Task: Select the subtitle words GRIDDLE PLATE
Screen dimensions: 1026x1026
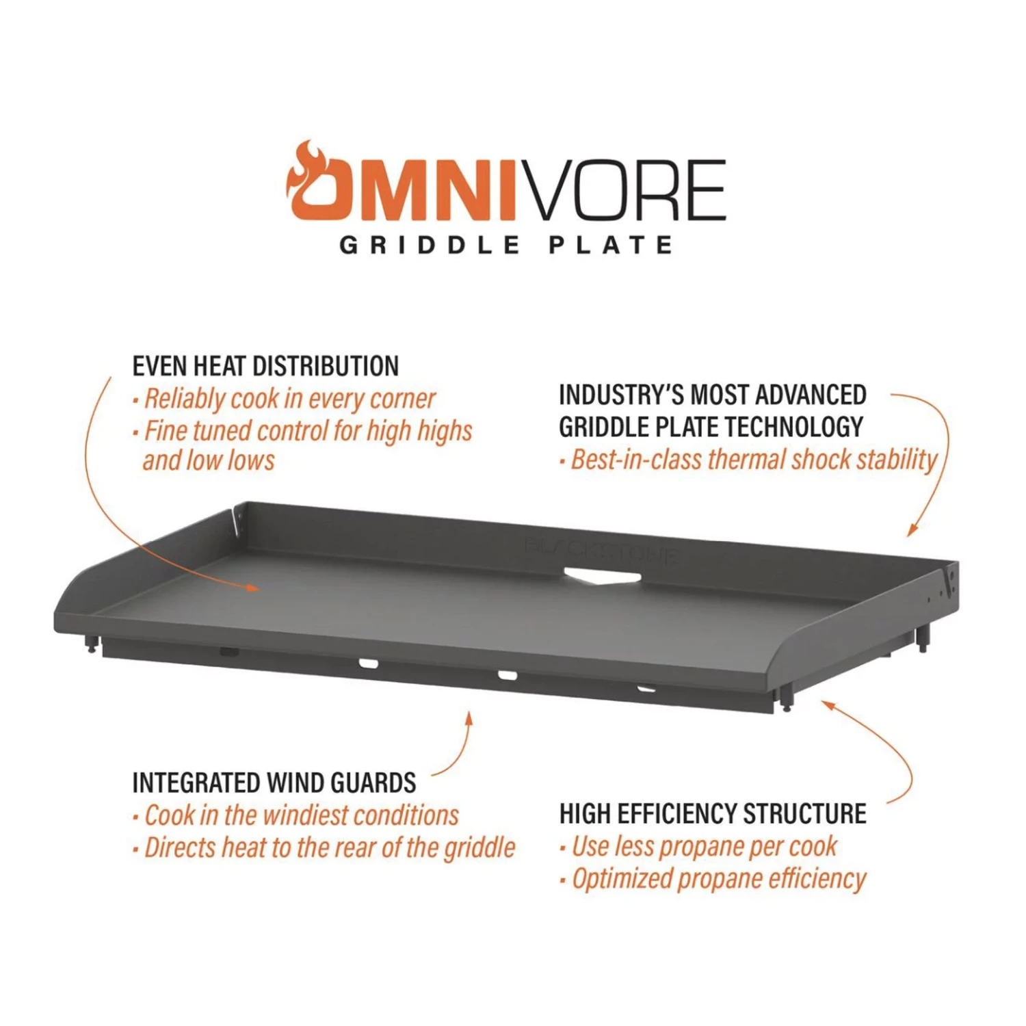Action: coord(507,245)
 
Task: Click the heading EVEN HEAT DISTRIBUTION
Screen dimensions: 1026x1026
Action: coord(265,366)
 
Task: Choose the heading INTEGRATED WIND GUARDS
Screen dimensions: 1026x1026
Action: coord(274,782)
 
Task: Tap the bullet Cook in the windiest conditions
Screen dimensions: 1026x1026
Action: coord(301,815)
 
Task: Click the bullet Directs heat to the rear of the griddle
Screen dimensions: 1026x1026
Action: coord(329,847)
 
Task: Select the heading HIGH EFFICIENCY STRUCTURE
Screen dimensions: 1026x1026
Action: coord(713,814)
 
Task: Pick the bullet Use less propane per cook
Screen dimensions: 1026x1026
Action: coord(704,847)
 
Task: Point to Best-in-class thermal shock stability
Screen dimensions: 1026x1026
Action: coord(753,460)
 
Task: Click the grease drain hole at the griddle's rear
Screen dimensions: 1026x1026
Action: coord(602,576)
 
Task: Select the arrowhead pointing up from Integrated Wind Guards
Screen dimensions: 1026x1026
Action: coord(469,718)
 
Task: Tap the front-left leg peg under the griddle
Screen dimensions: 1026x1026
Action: coord(90,644)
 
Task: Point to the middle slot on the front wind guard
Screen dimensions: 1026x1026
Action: coord(508,675)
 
